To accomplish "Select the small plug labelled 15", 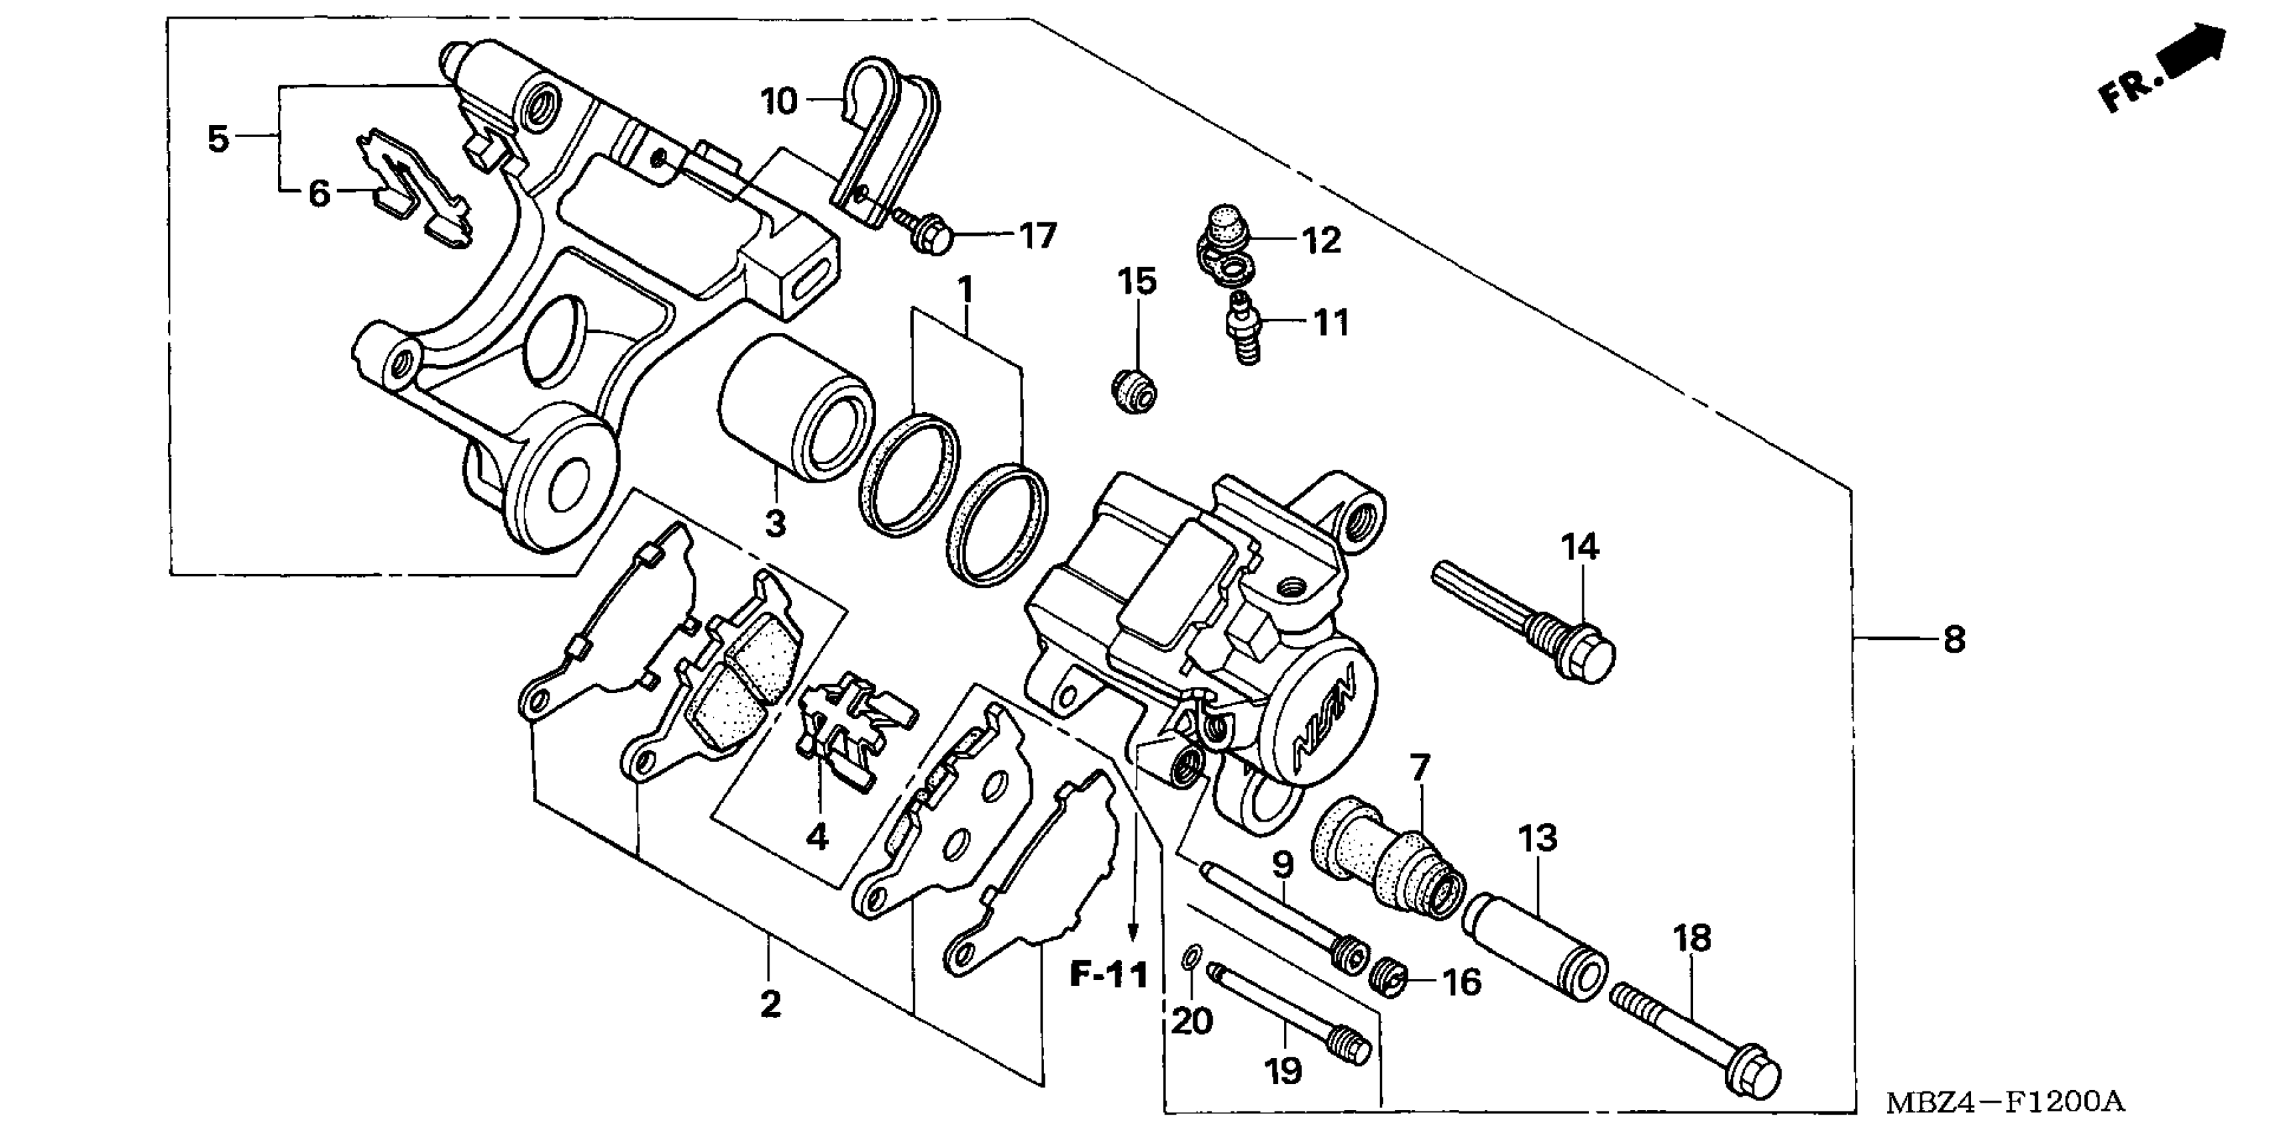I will [x=1133, y=392].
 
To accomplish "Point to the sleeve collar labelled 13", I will [x=1533, y=947].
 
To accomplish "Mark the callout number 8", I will [x=1954, y=639].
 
